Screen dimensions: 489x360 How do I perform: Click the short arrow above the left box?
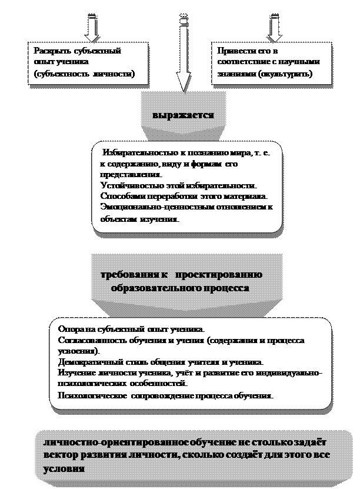[92, 26]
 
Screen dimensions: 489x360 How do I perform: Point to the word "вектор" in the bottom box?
[62, 456]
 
